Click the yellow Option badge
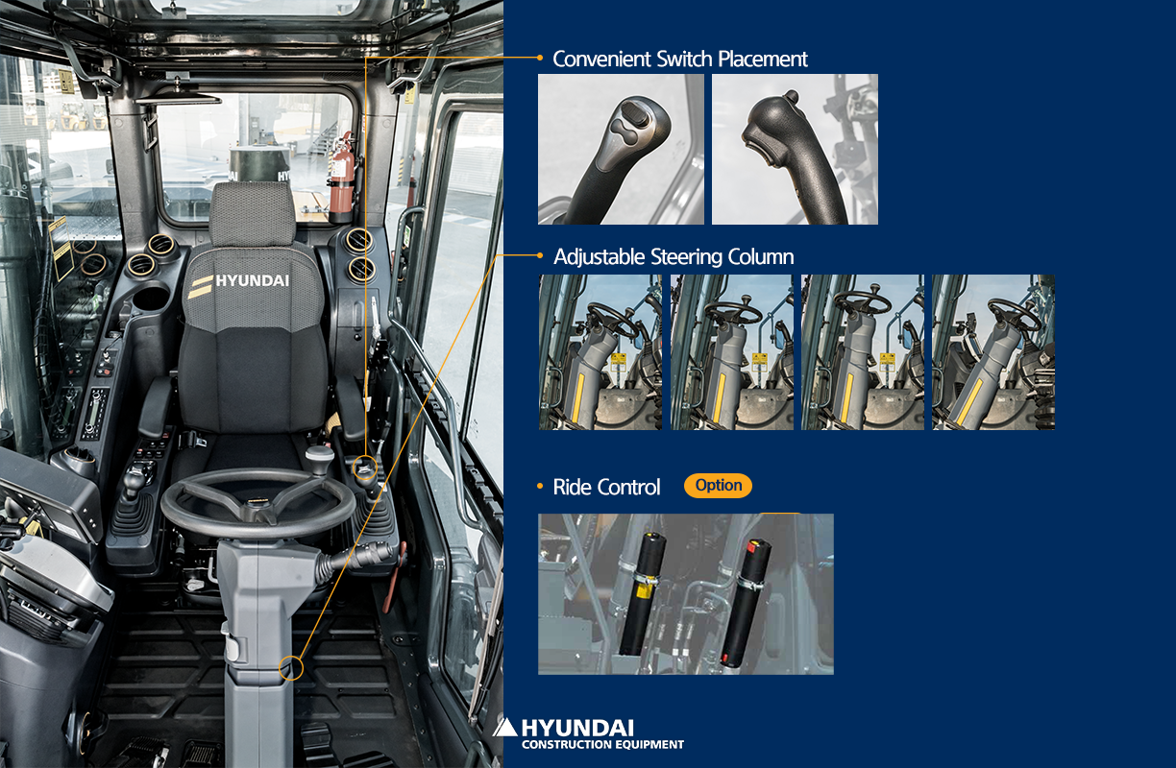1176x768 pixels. (718, 486)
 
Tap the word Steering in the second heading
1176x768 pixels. (687, 257)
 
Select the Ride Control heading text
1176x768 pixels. (606, 488)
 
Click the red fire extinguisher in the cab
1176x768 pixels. (341, 179)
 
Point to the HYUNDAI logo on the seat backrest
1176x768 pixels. (239, 284)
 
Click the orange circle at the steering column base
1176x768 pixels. (291, 668)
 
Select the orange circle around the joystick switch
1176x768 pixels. (365, 468)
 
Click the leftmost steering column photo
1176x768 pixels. (600, 352)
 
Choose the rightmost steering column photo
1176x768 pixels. (993, 352)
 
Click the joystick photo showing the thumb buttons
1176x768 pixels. (621, 149)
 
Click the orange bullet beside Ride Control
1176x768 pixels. (540, 487)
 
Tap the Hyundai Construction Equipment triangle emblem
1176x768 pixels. (505, 728)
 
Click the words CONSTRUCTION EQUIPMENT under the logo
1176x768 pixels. (602, 744)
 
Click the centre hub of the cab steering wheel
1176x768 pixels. (257, 505)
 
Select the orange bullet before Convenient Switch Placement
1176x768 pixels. (540, 58)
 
